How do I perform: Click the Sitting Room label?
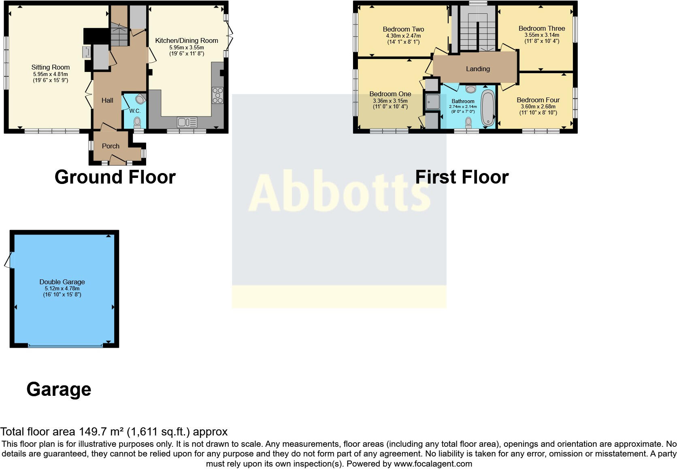51,68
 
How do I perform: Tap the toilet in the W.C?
137,121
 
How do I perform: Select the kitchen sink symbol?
187,122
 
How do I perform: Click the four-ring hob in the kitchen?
217,95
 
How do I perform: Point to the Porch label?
111,146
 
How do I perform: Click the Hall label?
107,100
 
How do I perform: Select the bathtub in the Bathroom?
488,108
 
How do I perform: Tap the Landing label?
478,69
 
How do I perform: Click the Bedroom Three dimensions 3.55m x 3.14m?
542,35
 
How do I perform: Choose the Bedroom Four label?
538,100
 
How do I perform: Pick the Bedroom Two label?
403,29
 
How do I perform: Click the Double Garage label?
62,282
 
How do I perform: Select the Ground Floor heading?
115,177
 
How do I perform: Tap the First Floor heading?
462,177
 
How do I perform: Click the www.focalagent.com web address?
432,464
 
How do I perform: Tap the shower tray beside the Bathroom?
432,102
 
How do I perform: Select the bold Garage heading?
59,389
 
